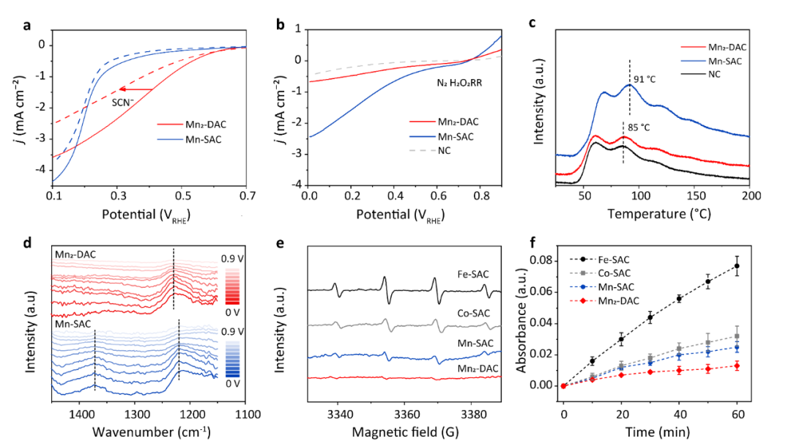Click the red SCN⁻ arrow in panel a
coord(136,89)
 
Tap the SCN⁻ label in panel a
coord(122,102)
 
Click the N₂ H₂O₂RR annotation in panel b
coord(459,82)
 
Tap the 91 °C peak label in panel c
coord(645,79)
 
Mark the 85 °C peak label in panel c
coord(639,127)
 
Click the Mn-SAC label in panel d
coord(73,324)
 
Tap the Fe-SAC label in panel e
coord(473,275)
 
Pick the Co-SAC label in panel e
coord(474,314)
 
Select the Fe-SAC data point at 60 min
coord(737,266)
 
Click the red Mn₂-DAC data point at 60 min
coord(737,366)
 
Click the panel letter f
coord(532,242)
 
